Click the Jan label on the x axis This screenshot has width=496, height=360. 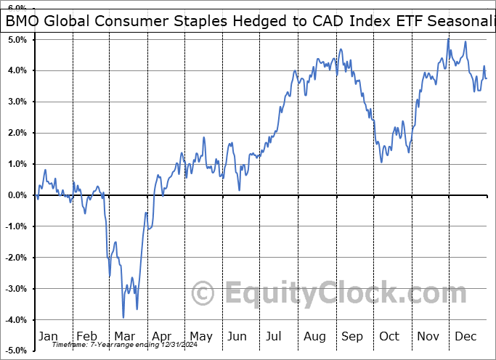[48, 337]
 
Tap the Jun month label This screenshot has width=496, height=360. [237, 337]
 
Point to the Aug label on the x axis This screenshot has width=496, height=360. [314, 337]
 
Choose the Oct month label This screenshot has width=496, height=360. [390, 337]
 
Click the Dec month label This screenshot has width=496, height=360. [466, 337]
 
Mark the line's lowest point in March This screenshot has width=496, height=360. [123, 317]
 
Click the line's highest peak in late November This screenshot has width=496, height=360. [448, 38]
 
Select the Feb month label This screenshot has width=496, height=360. [86, 337]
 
